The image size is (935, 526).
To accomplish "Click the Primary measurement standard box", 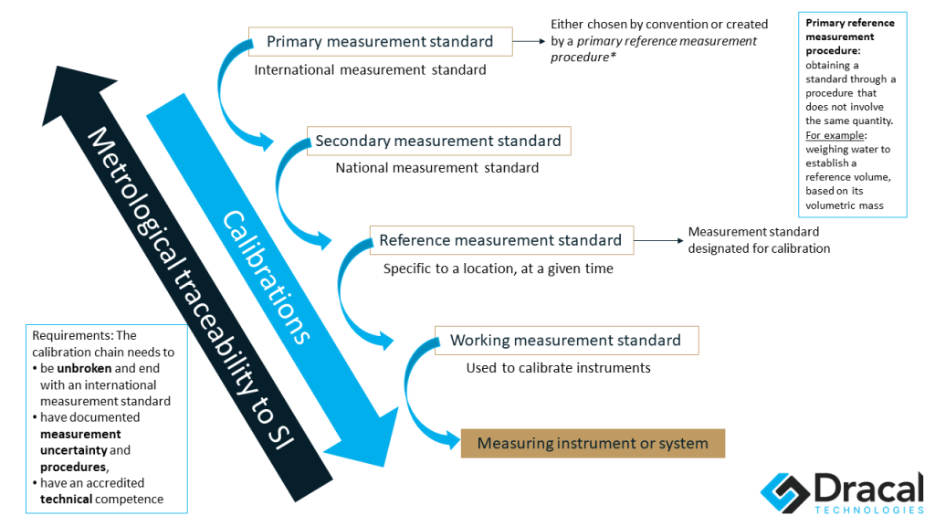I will [379, 41].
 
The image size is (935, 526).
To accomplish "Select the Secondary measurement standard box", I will [438, 141].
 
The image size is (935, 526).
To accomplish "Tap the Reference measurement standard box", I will [500, 240].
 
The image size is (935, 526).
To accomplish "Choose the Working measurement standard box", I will [566, 341].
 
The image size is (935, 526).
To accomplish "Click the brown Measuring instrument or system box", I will [593, 444].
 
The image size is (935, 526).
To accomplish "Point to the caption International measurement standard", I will [370, 69].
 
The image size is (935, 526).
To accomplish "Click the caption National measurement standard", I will [436, 168].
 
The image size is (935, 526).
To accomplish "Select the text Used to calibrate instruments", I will [558, 368].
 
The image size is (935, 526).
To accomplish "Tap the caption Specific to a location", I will [498, 268].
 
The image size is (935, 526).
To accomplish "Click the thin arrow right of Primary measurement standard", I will [527, 41].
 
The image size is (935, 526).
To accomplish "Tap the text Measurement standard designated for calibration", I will [758, 240].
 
